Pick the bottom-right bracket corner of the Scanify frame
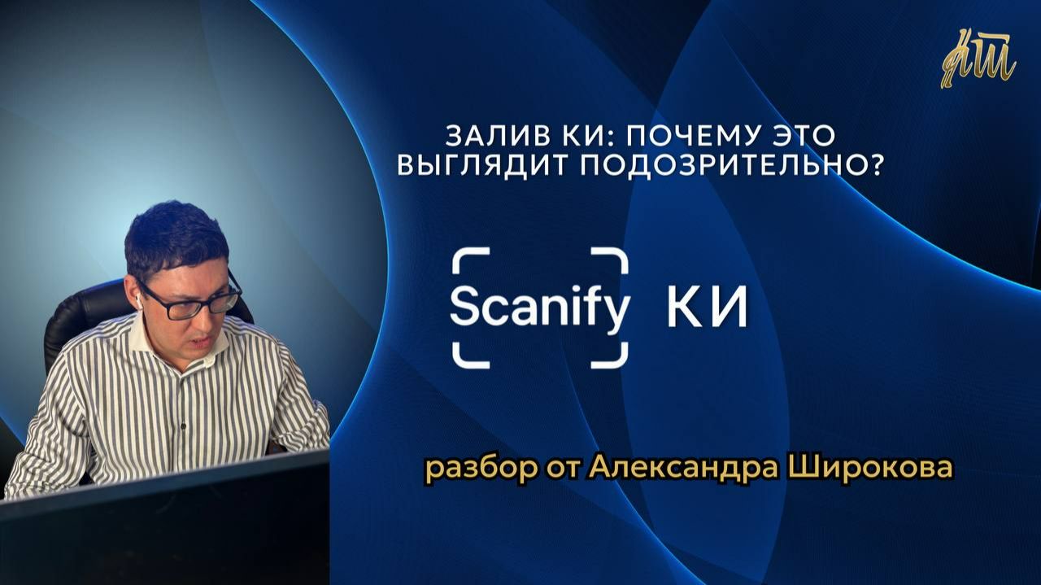616,356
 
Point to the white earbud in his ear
139,302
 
